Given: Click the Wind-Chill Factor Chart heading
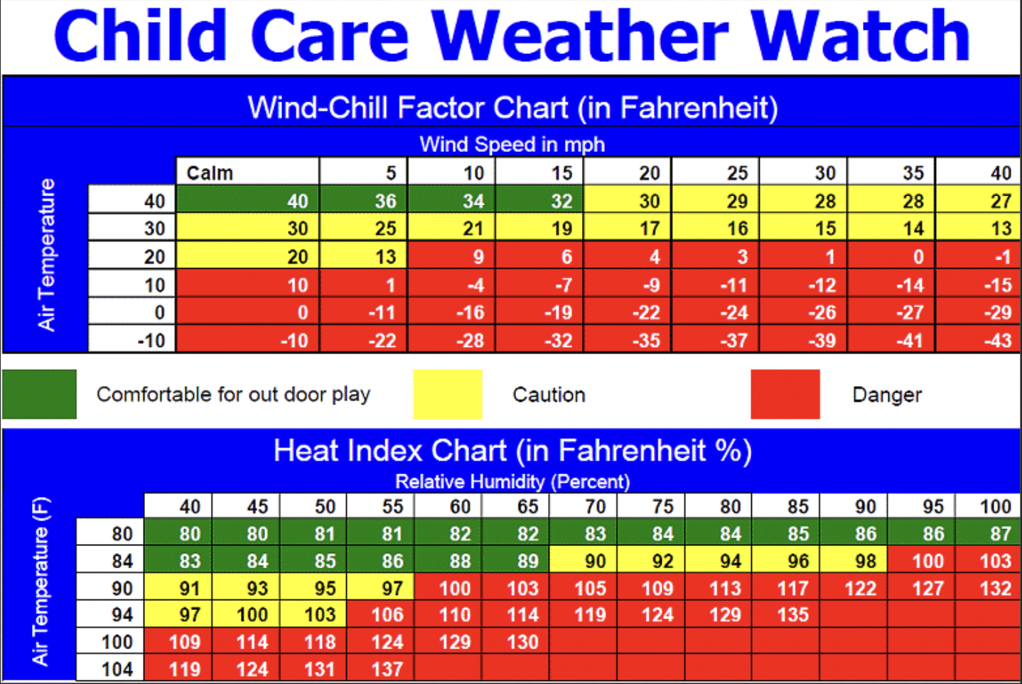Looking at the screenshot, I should point(512,108).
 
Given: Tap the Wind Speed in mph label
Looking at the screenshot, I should point(512,144).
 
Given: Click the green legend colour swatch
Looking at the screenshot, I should point(39,394).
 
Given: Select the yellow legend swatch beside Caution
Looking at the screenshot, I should point(448,394).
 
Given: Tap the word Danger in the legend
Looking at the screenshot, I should point(886,395).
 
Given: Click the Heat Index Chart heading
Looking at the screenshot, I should point(512,451).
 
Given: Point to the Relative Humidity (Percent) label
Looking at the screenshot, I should point(512,481).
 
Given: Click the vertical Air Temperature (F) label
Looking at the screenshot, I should point(41,582).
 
